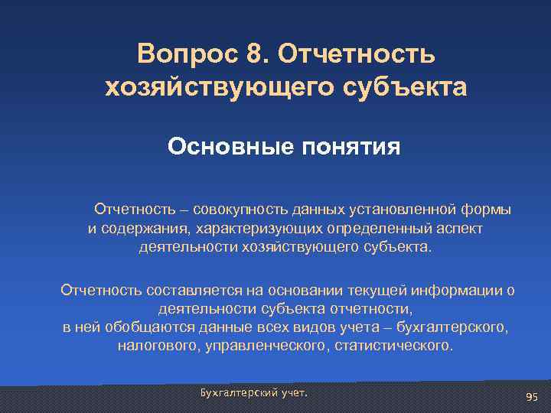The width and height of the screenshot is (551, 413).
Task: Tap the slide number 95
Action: coord(533,396)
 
